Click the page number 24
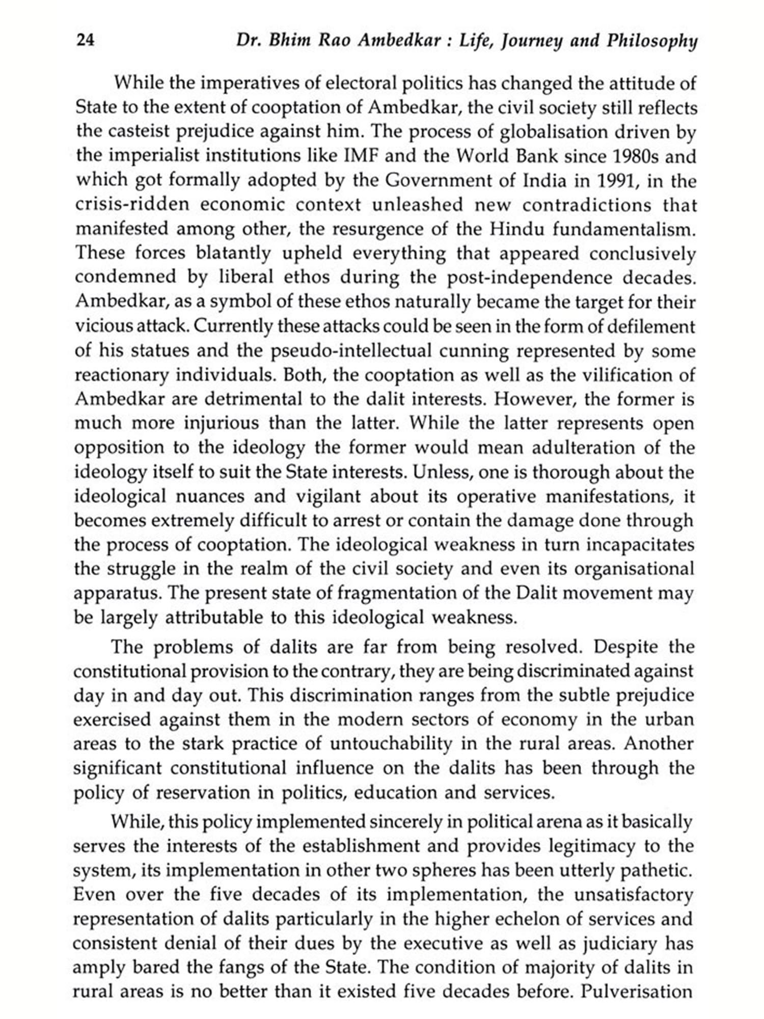coord(85,40)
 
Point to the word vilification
coord(620,375)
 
